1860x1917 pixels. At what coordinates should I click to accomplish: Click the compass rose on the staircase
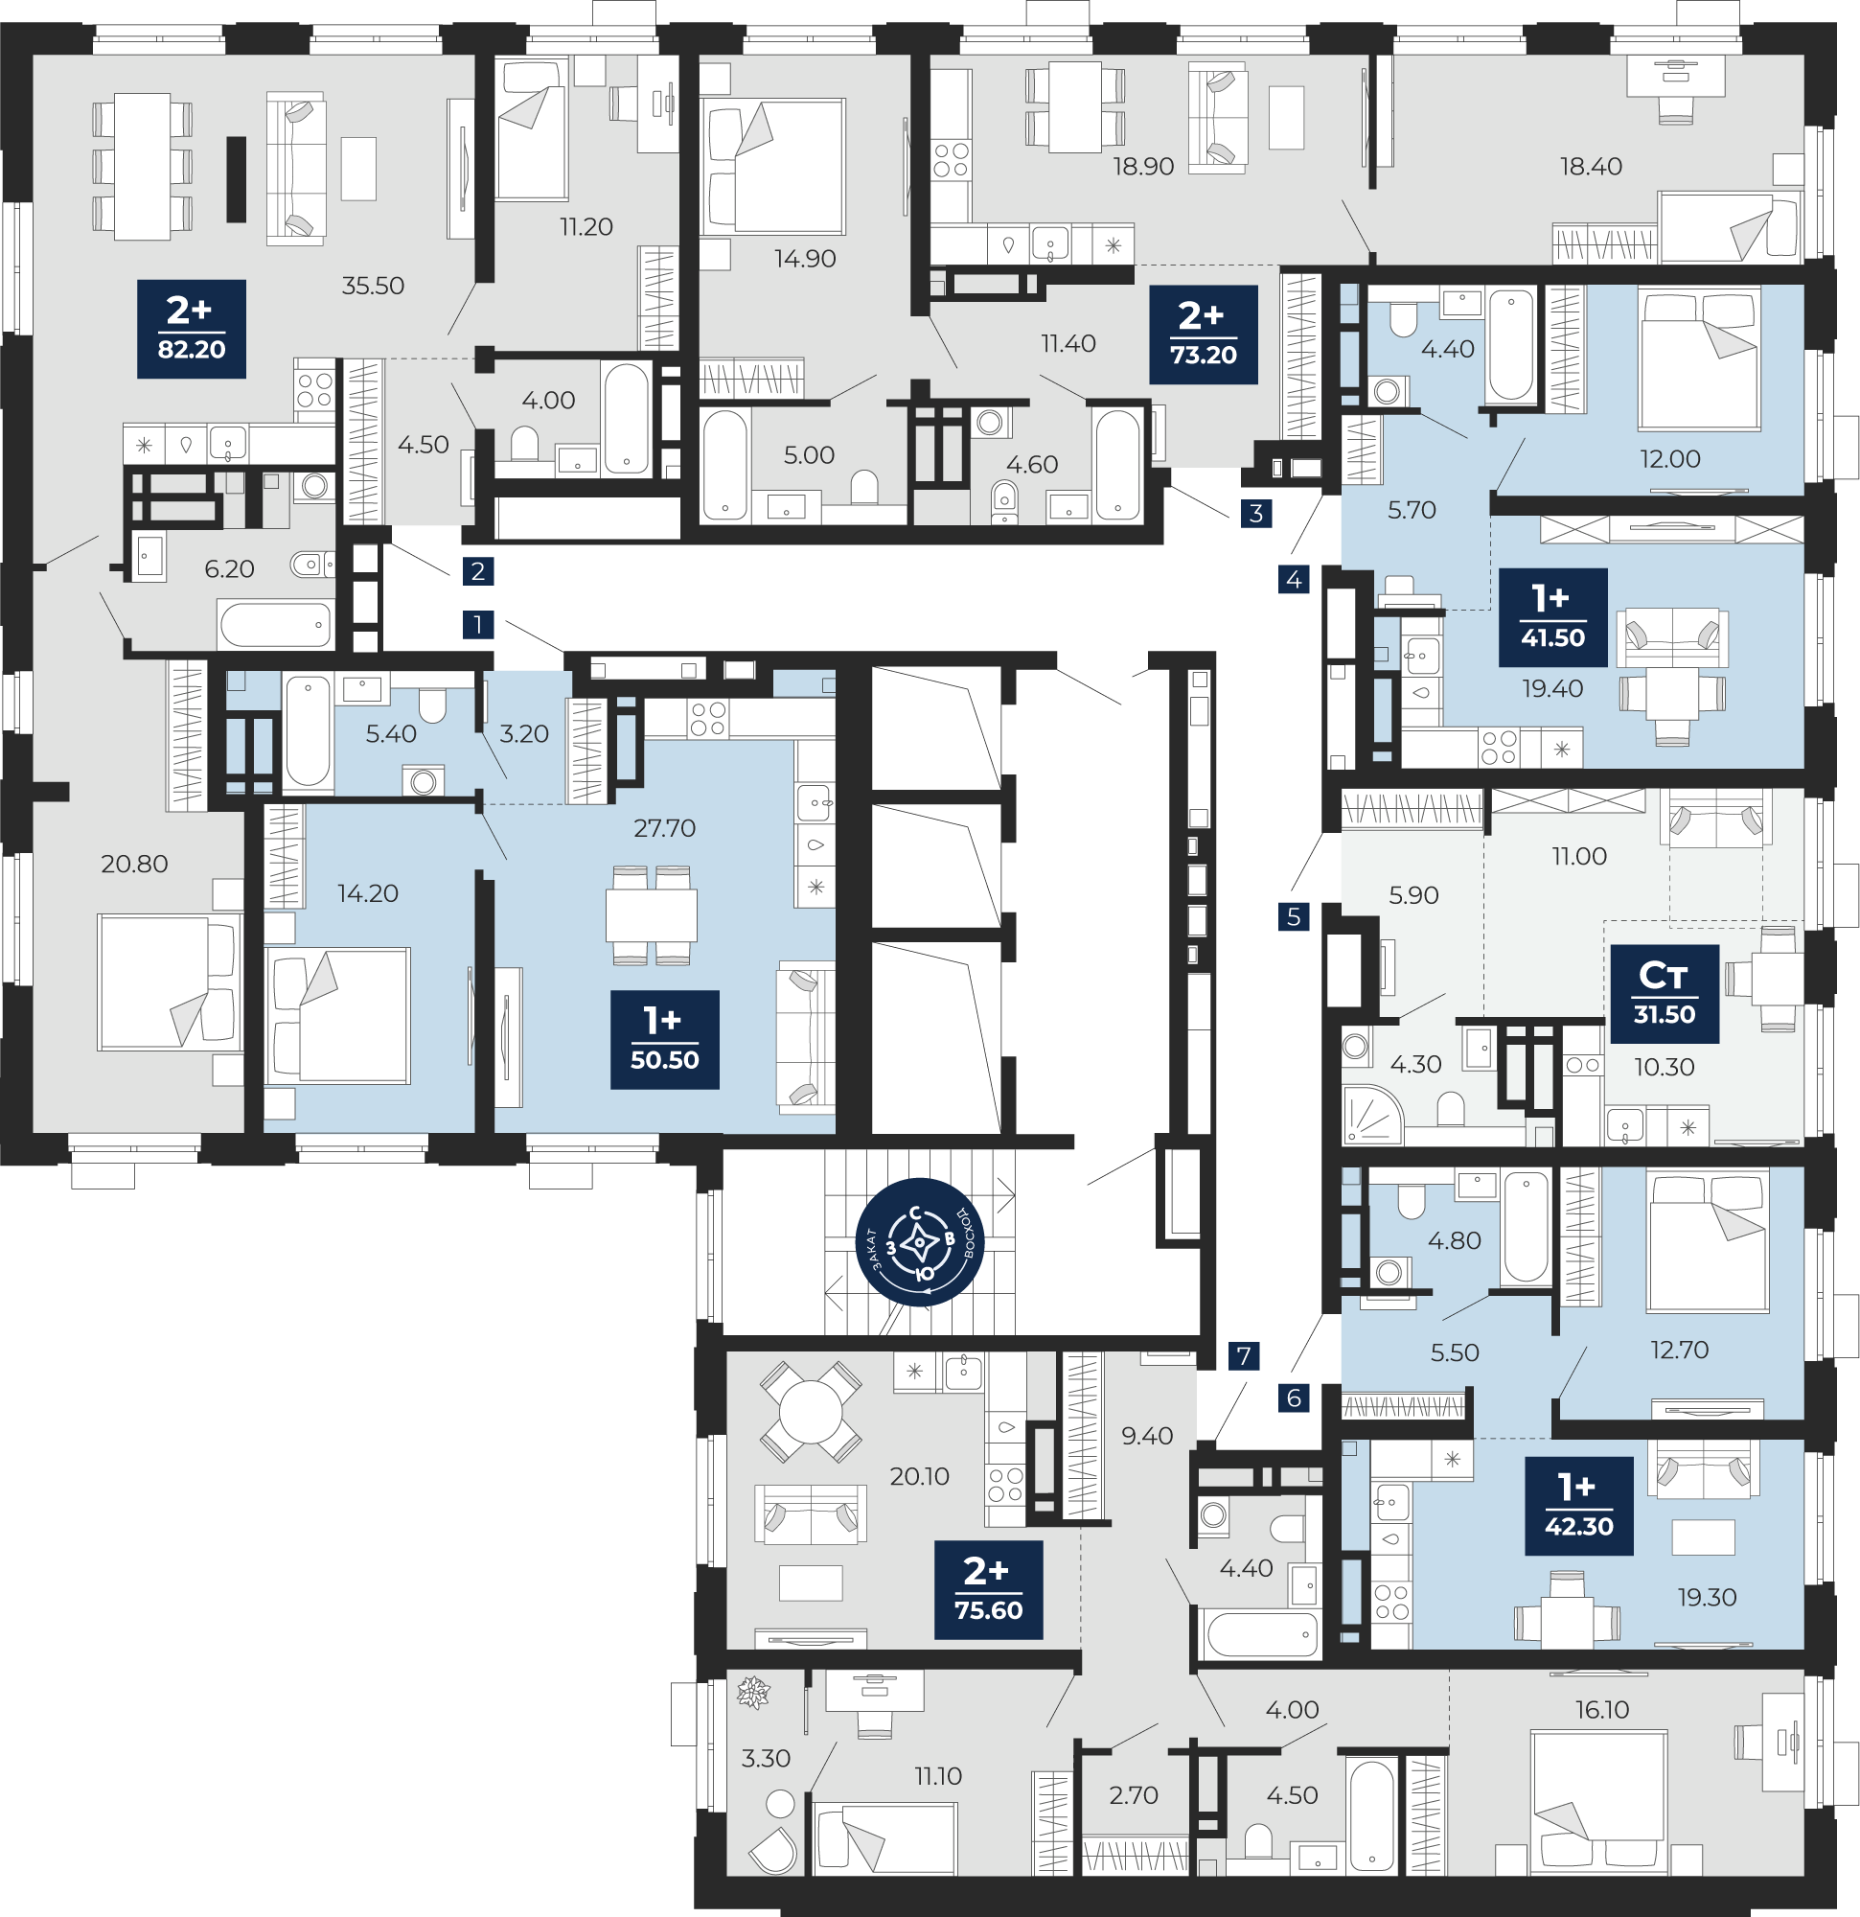coord(919,1242)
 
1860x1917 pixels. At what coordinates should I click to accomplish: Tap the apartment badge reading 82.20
coord(192,329)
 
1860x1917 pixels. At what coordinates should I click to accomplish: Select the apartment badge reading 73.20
coord(1203,335)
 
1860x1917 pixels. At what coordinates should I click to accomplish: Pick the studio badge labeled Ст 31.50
coord(1665,994)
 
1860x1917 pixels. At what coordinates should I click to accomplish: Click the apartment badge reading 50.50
coord(665,1040)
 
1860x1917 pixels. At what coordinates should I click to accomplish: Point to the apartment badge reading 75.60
coord(989,1590)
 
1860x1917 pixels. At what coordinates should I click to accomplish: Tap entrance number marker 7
coord(1244,1356)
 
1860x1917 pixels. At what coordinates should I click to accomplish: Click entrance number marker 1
coord(478,624)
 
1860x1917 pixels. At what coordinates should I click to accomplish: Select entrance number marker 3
coord(1256,513)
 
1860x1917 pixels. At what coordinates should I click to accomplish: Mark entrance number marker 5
coord(1294,916)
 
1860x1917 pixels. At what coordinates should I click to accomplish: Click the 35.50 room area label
coord(373,286)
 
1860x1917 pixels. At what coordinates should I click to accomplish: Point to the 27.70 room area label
coord(665,828)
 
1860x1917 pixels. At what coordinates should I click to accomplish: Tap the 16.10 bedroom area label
coord(1602,1710)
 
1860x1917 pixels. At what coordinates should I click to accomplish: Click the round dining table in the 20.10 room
coord(811,1412)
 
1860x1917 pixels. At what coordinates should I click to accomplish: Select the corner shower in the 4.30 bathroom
coord(1372,1115)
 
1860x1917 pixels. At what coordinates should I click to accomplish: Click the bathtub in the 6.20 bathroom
coord(276,625)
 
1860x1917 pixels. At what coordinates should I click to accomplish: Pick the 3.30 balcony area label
coord(766,1759)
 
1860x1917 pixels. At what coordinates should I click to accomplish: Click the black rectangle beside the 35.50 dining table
coord(236,179)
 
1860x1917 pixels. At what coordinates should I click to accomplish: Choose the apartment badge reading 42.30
coord(1579,1506)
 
